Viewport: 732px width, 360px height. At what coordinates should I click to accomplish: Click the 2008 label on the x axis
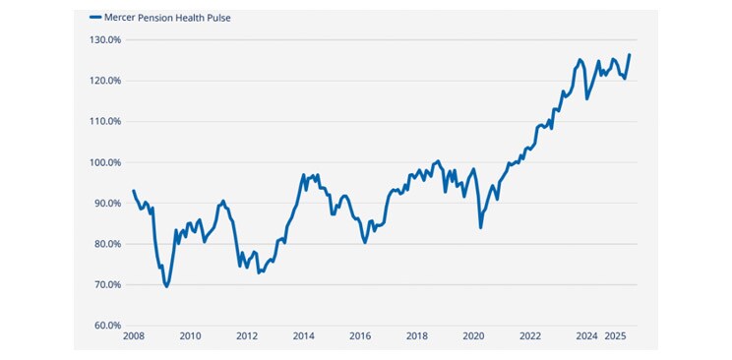[x=133, y=336]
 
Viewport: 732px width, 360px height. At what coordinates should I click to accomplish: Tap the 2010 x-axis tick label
[x=190, y=336]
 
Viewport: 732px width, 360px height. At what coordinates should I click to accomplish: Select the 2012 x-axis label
[x=247, y=336]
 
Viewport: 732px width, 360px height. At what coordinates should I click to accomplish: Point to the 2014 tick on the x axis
[x=303, y=336]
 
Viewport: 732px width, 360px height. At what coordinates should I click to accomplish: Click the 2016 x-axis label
[x=360, y=336]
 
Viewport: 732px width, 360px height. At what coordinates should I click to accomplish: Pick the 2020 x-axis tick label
[x=473, y=336]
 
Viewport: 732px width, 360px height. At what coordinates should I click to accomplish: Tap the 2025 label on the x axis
[x=616, y=336]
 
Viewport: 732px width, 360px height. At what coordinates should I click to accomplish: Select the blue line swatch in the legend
[x=95, y=18]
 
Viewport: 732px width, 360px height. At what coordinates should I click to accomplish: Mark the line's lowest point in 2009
[x=166, y=286]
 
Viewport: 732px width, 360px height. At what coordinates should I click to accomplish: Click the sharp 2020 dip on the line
[x=480, y=227]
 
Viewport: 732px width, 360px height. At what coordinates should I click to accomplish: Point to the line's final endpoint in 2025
[x=630, y=55]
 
